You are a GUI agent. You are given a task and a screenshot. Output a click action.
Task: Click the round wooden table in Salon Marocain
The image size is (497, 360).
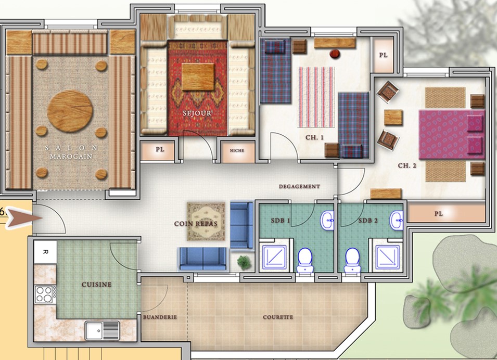click(70, 111)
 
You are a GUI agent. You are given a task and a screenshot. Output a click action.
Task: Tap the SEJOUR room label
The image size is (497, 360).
click(197, 113)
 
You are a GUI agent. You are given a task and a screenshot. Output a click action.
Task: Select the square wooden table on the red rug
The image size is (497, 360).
click(198, 77)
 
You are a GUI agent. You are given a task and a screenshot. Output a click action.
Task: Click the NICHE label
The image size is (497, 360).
click(237, 150)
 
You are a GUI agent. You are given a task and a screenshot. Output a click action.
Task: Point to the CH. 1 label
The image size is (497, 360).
click(314, 137)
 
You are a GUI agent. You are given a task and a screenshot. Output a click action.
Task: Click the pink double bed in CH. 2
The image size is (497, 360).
click(452, 134)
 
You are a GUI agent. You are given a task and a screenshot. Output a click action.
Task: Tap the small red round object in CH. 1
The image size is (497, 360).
click(335, 54)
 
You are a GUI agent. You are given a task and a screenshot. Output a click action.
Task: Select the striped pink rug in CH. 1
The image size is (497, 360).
click(316, 97)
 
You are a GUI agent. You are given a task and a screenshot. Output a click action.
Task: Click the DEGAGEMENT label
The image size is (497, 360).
click(299, 186)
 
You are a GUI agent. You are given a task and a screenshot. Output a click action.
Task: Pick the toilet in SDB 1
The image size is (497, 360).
click(305, 260)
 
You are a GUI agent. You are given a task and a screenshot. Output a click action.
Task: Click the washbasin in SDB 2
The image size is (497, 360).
click(396, 220)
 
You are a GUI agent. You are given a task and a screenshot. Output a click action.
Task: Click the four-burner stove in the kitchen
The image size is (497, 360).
click(45, 294)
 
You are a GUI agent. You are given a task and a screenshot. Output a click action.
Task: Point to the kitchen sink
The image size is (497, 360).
click(102, 330)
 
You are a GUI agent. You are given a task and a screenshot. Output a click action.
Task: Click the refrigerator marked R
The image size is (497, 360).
click(45, 252)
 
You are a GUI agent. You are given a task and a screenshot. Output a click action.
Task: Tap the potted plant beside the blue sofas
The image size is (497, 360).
click(244, 262)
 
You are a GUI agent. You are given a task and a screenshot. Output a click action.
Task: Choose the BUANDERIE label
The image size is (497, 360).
click(160, 317)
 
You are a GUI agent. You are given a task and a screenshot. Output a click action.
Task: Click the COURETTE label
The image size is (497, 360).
click(278, 317)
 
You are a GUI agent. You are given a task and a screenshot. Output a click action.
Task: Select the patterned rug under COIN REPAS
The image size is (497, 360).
click(206, 221)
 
